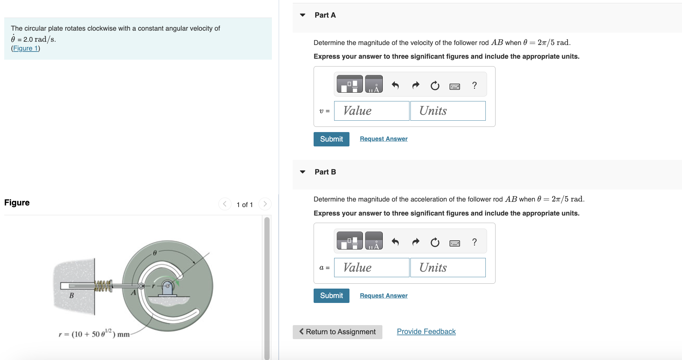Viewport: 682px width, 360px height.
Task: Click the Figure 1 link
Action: point(25,48)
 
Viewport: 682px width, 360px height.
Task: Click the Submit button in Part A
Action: point(331,139)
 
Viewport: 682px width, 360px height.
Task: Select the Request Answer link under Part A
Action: point(383,139)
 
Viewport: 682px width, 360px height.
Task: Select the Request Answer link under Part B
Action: point(383,296)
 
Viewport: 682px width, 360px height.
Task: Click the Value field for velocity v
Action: point(371,111)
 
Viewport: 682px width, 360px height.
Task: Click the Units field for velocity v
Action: point(448,111)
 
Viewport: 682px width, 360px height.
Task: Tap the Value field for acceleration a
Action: point(371,268)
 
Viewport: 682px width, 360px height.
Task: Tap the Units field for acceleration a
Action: point(448,268)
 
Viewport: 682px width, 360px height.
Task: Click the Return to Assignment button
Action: point(337,332)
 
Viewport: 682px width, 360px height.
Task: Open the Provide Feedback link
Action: point(426,332)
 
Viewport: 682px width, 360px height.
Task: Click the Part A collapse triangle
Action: point(303,15)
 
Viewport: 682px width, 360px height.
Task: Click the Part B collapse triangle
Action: point(303,172)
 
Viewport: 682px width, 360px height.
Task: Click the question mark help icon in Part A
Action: point(474,85)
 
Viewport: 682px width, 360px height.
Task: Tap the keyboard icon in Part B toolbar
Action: point(454,243)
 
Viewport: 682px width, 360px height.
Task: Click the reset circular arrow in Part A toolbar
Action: point(435,86)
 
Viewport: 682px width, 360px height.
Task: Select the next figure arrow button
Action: point(265,204)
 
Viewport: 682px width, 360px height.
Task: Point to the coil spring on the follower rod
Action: point(103,286)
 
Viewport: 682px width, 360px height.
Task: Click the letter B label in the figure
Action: point(72,295)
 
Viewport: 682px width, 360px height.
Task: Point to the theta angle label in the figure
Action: point(155,253)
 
